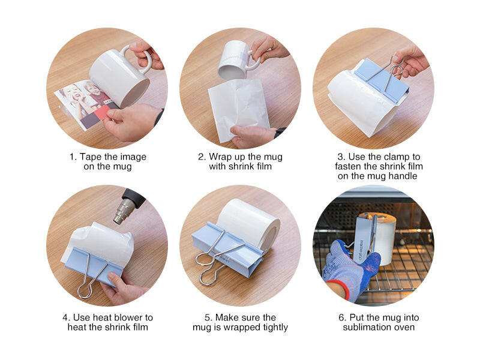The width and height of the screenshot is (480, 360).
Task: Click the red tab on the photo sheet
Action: (x=103, y=113)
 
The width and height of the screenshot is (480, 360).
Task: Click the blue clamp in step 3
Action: (x=382, y=80)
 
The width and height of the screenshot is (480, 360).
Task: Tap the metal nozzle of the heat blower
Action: (x=124, y=211)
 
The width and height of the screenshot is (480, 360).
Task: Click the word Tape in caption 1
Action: (x=91, y=157)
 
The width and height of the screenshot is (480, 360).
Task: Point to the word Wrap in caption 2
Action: (x=220, y=157)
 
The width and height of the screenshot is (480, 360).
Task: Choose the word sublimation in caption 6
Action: (x=366, y=327)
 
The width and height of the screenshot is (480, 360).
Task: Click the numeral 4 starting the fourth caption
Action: (x=65, y=317)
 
